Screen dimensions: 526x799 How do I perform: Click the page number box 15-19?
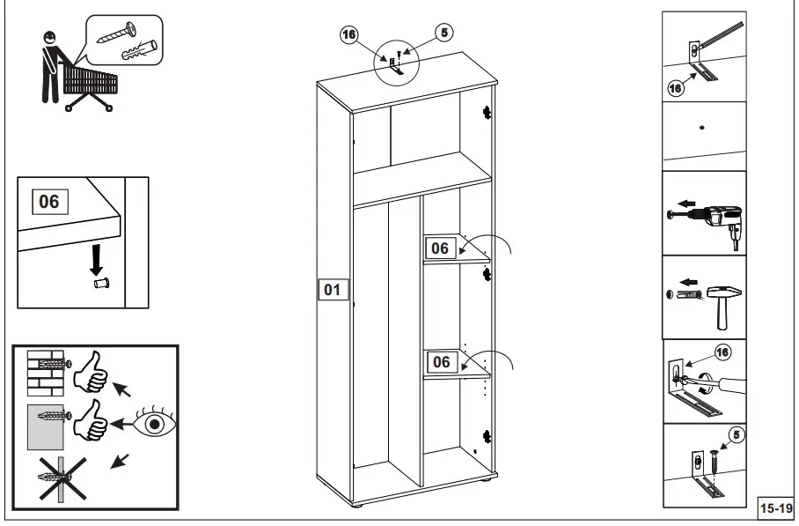pyautogui.click(x=776, y=507)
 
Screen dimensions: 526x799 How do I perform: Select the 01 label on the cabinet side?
pyautogui.click(x=332, y=289)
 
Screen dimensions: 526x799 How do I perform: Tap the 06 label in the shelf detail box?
pyautogui.click(x=48, y=201)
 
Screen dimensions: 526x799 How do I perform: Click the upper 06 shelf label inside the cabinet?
pyautogui.click(x=440, y=248)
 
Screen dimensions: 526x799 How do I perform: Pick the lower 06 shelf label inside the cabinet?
pyautogui.click(x=442, y=362)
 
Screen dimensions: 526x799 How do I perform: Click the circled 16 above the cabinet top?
pyautogui.click(x=349, y=34)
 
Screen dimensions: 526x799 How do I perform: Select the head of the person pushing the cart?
pyautogui.click(x=48, y=38)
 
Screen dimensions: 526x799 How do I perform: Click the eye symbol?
pyautogui.click(x=155, y=423)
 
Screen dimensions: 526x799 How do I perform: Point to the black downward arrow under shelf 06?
pyautogui.click(x=99, y=258)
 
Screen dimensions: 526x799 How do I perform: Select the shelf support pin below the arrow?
pyautogui.click(x=99, y=285)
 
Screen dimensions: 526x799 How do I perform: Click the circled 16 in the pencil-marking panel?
pyautogui.click(x=676, y=87)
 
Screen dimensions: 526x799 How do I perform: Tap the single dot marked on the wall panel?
pyautogui.click(x=701, y=128)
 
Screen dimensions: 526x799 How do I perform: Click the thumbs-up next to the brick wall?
pyautogui.click(x=91, y=376)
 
